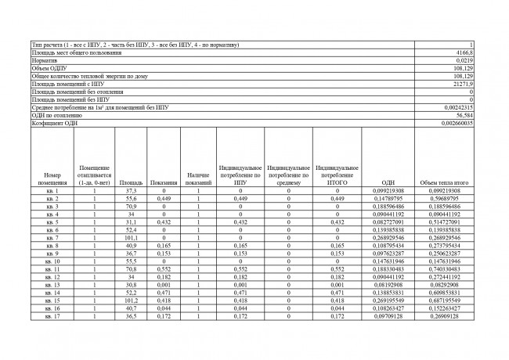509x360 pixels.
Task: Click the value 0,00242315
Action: tap(459, 107)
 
